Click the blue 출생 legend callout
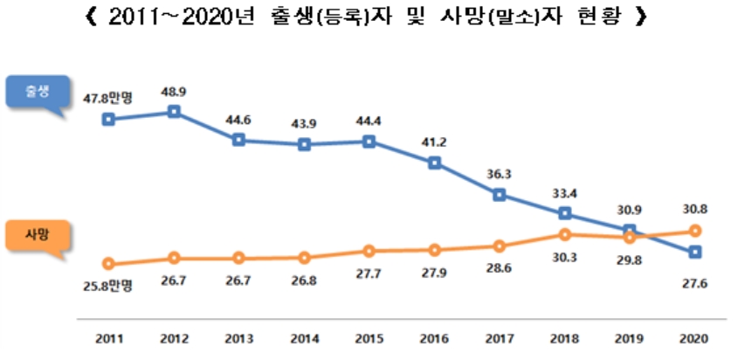pyautogui.click(x=38, y=94)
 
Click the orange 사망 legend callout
pyautogui.click(x=38, y=235)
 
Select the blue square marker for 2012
pyautogui.click(x=174, y=112)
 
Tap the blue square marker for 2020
pyautogui.click(x=695, y=252)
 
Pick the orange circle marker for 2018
pyautogui.click(x=565, y=234)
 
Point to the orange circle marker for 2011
pyautogui.click(x=108, y=263)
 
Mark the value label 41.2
pyautogui.click(x=435, y=141)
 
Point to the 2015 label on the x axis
pyautogui.click(x=369, y=338)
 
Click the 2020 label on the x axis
pyautogui.click(x=695, y=338)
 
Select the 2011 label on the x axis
pyautogui.click(x=108, y=338)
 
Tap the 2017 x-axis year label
pyautogui.click(x=500, y=338)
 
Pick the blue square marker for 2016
pyautogui.click(x=435, y=162)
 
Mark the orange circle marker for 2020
pyautogui.click(x=695, y=231)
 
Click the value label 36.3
pyautogui.click(x=500, y=174)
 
